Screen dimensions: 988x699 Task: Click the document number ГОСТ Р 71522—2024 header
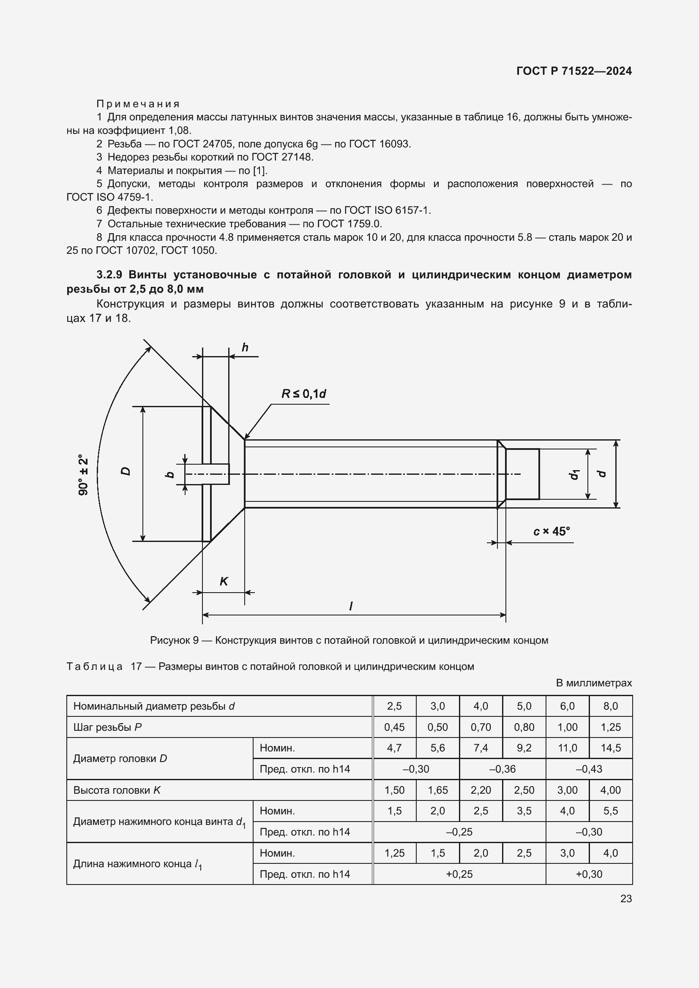click(x=574, y=71)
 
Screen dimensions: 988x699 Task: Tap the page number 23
click(x=626, y=898)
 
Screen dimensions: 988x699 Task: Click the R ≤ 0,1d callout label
click(x=303, y=394)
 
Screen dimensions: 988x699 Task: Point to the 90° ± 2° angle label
click(x=84, y=475)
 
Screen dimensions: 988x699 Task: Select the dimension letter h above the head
click(x=245, y=348)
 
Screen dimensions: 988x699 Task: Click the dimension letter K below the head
click(x=224, y=581)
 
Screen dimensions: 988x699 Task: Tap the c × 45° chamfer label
click(x=552, y=532)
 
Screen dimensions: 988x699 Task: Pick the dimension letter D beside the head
click(x=125, y=471)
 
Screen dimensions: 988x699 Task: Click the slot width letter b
click(x=170, y=474)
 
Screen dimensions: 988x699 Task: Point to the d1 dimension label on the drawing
click(x=575, y=474)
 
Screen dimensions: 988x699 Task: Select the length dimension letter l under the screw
click(x=351, y=606)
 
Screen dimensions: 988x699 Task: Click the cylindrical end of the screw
click(x=522, y=474)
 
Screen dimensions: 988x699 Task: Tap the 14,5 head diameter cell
click(x=610, y=748)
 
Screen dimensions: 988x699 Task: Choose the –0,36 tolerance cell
click(x=502, y=769)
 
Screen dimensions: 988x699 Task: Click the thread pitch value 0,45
click(x=394, y=727)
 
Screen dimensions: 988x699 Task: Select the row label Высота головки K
click(x=117, y=790)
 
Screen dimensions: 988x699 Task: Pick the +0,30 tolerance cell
click(x=589, y=874)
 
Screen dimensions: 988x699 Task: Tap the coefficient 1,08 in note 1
click(x=180, y=131)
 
